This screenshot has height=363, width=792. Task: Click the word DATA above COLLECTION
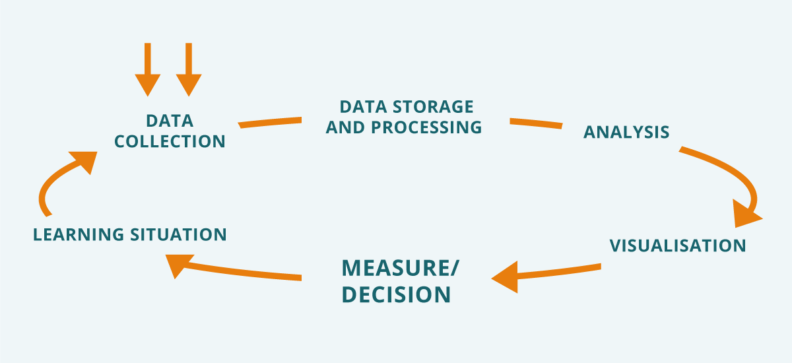click(170, 121)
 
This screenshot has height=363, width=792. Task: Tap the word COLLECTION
click(170, 141)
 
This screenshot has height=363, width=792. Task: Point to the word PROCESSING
click(426, 127)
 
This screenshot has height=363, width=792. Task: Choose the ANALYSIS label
click(626, 132)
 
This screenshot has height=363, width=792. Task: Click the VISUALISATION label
click(677, 246)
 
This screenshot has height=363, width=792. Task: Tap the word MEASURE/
click(400, 269)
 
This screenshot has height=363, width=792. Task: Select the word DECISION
click(396, 294)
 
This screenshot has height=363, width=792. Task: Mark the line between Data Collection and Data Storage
click(270, 122)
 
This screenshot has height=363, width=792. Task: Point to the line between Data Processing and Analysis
click(535, 123)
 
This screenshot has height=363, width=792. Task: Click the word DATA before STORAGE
click(362, 106)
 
